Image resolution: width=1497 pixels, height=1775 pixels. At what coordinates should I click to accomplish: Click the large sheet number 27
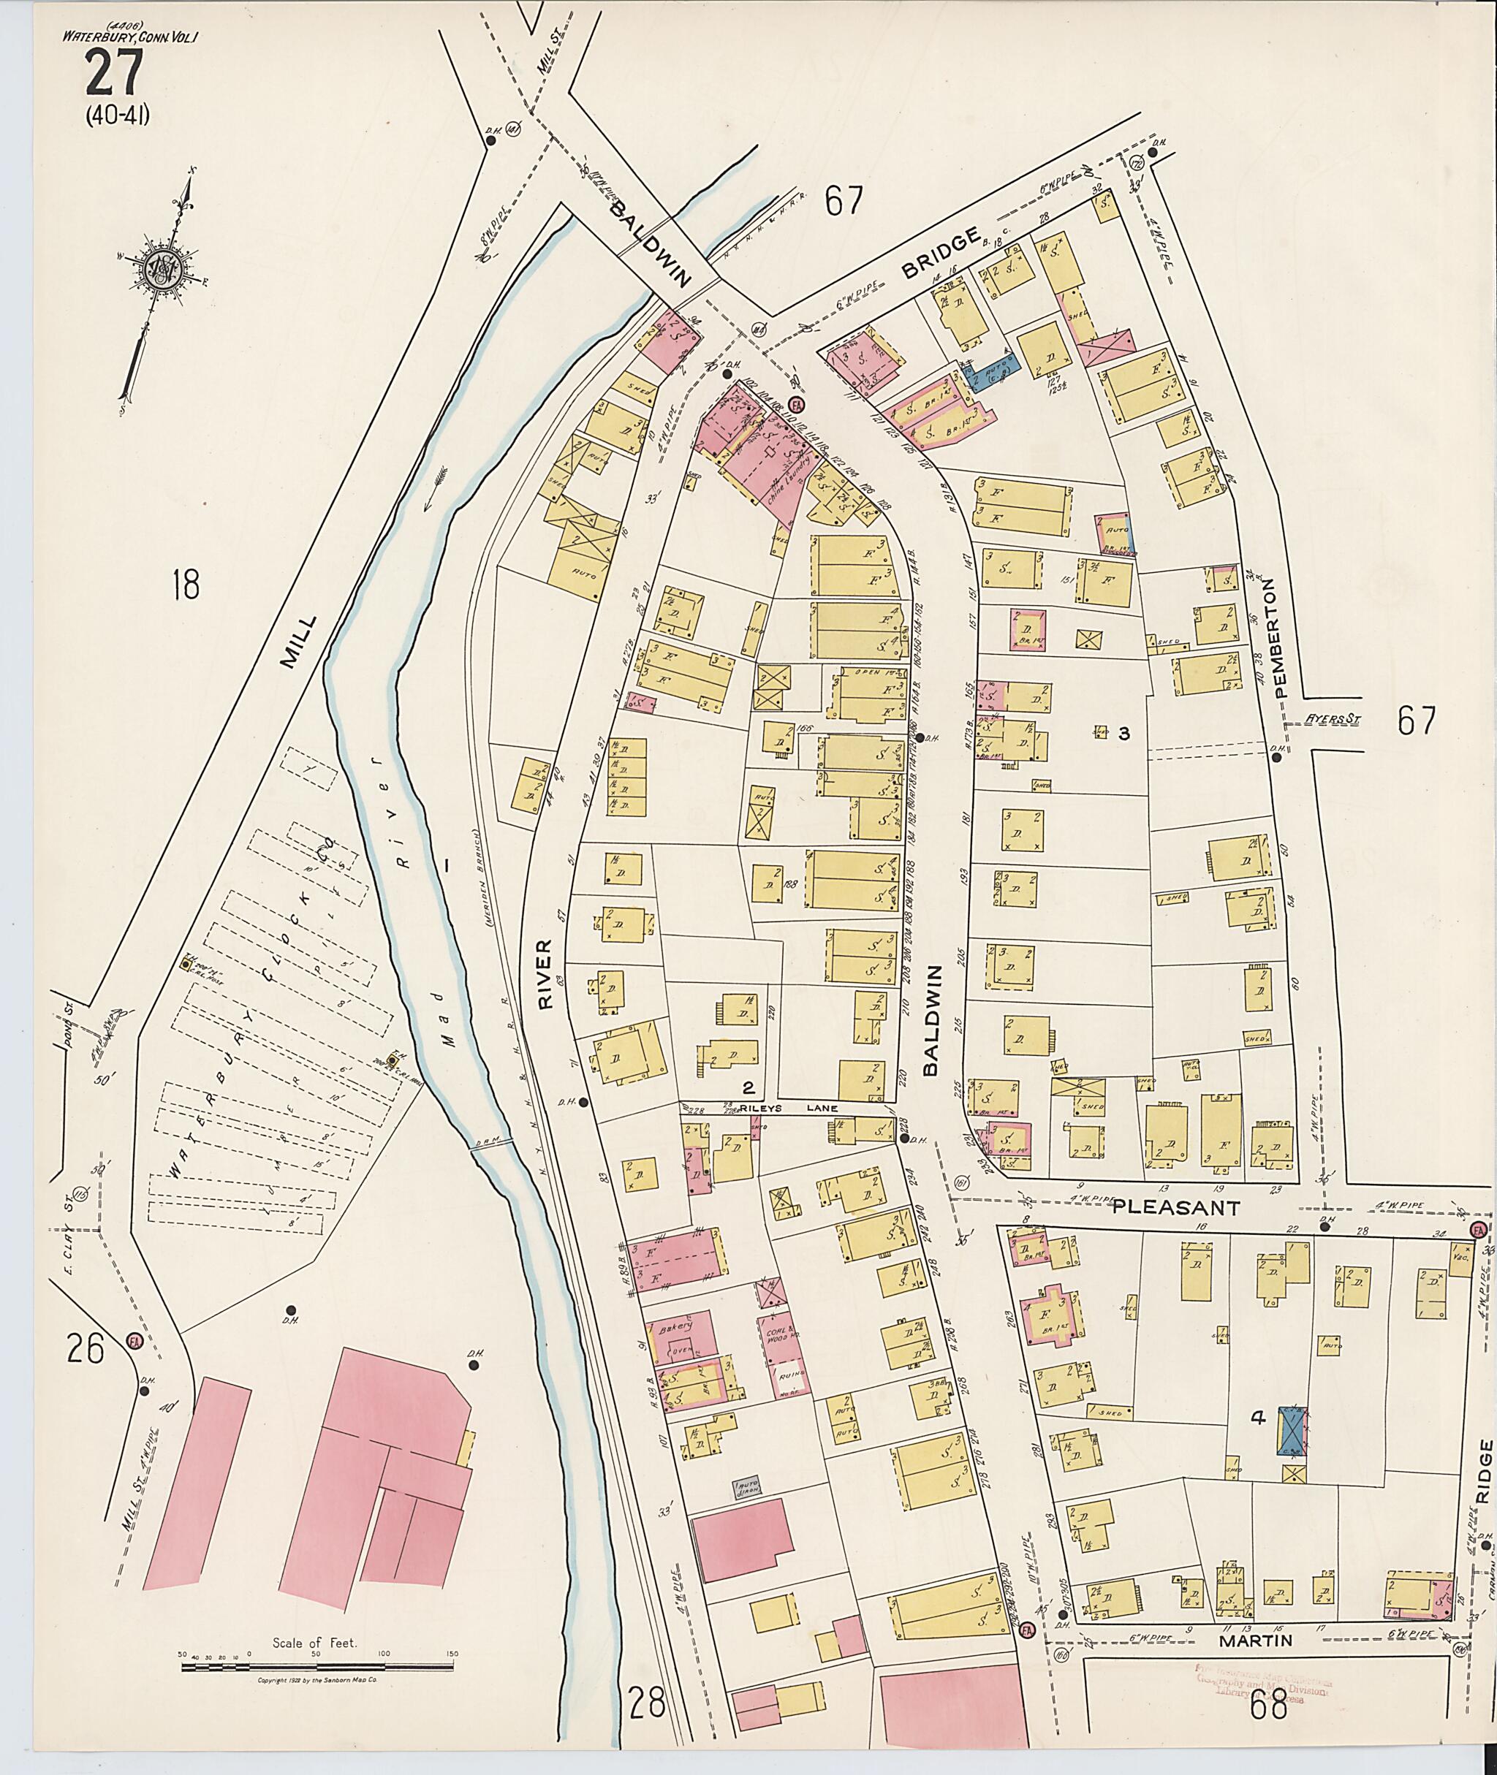click(114, 74)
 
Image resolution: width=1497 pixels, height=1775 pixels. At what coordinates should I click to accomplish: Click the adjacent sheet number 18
click(185, 585)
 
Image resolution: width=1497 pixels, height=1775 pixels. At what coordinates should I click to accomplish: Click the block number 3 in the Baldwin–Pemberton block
click(1124, 734)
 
